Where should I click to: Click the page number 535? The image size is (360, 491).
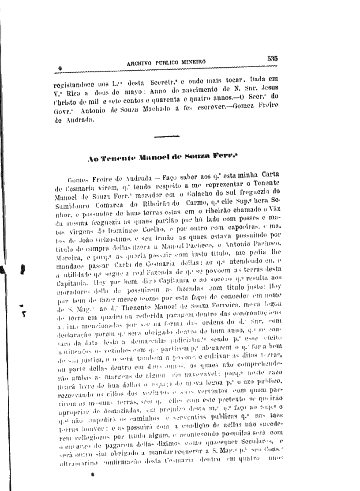[x=272, y=58]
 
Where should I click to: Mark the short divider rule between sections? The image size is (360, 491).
[x=167, y=136]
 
